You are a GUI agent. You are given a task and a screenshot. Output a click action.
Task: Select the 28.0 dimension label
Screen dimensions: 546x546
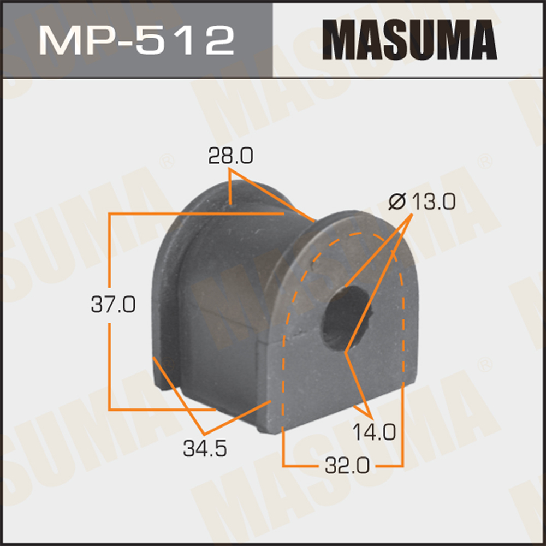click(x=230, y=157)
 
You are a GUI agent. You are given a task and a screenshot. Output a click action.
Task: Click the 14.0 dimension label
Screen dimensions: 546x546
click(x=373, y=432)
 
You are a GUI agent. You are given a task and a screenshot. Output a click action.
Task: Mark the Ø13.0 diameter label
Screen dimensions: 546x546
click(x=421, y=203)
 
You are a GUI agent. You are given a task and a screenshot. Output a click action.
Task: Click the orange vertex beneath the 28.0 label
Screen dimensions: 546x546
click(x=230, y=171)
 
